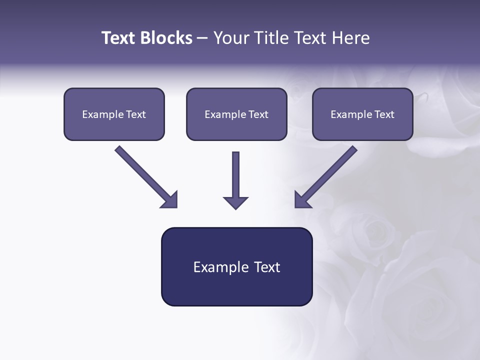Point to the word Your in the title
click(x=230, y=38)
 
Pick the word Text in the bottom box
click(x=268, y=267)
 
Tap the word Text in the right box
click(x=384, y=114)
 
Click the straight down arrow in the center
click(x=235, y=175)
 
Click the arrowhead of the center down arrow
click(x=235, y=202)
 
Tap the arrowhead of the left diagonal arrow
click(x=170, y=200)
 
